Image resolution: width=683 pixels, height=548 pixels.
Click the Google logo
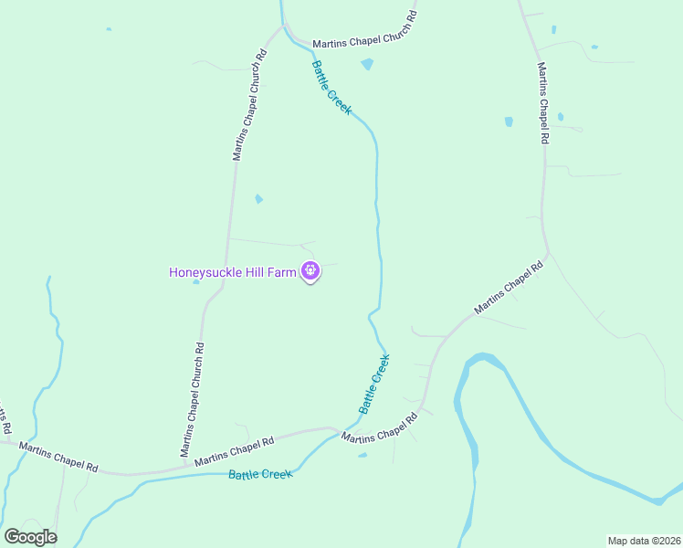(30, 537)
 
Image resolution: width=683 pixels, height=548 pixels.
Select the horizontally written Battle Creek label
(260, 474)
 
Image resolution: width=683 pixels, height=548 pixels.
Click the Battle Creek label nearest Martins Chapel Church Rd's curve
(331, 87)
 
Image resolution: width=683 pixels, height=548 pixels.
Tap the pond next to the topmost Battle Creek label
(367, 64)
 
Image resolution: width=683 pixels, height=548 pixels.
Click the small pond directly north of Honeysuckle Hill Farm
(258, 198)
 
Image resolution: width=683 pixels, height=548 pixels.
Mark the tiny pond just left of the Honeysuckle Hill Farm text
(196, 281)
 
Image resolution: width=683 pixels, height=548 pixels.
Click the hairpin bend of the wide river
(479, 359)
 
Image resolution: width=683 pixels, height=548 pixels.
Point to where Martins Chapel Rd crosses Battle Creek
(340, 428)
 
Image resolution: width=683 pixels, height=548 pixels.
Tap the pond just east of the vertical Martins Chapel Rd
(560, 117)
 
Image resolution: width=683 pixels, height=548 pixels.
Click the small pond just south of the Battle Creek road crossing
(363, 455)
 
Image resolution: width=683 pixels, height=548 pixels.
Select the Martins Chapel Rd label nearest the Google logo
(58, 456)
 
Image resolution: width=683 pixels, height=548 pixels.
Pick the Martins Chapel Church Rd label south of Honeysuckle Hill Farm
(193, 399)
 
